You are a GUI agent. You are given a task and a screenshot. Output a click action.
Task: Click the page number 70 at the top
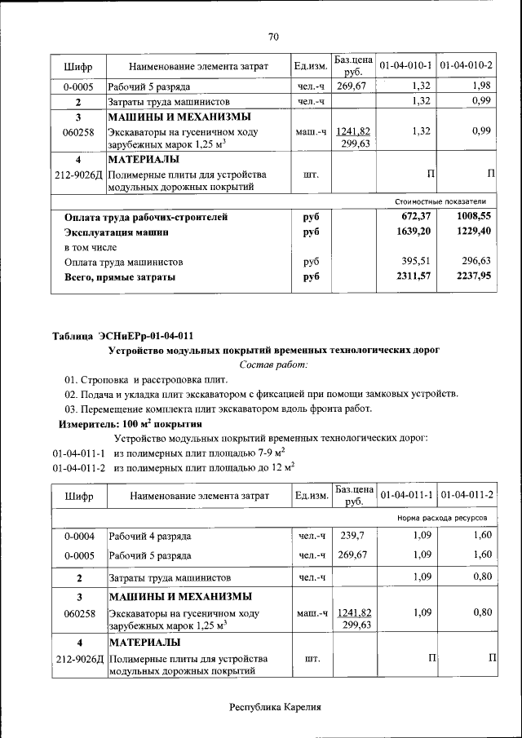273,36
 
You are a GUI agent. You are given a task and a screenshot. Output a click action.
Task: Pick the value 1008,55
474,217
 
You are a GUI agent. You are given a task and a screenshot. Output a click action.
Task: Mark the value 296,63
476,262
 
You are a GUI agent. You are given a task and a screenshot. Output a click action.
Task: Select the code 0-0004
79,536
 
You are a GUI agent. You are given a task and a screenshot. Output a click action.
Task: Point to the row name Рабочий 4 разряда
150,537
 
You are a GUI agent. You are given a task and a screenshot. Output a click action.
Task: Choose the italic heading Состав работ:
273,365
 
